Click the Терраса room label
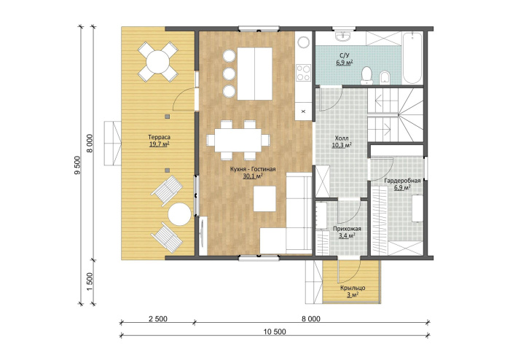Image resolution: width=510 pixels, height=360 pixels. [160, 137]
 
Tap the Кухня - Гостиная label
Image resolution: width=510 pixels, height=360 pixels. [253, 169]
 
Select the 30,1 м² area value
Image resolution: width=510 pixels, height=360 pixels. [253, 176]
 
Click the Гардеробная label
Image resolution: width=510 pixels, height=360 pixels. [402, 181]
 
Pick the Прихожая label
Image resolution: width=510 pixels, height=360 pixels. [347, 229]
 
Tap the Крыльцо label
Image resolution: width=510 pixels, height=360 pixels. [353, 288]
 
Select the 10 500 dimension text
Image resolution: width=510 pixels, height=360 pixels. [275, 332]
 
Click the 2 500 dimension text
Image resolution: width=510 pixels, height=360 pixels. [158, 318]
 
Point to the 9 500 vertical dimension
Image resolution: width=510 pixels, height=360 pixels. [77, 165]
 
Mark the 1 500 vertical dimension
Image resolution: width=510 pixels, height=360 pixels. [90, 281]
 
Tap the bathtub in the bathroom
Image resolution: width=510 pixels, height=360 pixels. [412, 58]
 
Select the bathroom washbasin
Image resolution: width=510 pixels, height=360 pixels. [343, 36]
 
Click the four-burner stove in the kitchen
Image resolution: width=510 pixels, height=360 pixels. [304, 73]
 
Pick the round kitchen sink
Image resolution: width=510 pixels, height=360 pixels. [304, 42]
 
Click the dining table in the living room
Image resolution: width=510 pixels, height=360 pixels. [238, 140]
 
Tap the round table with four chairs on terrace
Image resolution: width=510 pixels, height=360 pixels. [158, 61]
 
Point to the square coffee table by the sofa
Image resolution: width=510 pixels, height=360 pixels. [264, 199]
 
